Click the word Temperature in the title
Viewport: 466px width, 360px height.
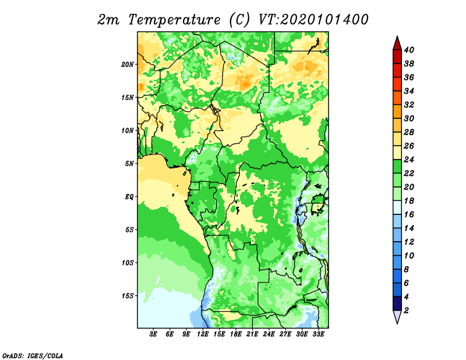(174, 20)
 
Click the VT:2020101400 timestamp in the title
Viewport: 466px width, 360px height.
(313, 20)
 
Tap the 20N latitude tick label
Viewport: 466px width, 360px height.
(128, 65)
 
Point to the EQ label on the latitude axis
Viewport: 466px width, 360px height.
(129, 197)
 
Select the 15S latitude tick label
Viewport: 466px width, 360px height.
(128, 296)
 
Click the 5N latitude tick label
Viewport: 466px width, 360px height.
(129, 164)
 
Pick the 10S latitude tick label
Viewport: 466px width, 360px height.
(128, 263)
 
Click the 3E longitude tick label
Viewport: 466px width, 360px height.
(153, 334)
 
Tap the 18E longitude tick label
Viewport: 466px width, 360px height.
(236, 334)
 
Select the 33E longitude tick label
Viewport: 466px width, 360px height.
(318, 334)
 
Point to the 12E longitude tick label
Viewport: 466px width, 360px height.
(203, 334)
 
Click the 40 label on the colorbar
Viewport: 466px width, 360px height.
(409, 50)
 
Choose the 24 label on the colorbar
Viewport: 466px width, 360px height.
(409, 160)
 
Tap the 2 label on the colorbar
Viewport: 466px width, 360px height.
(406, 310)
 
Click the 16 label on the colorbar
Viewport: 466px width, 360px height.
(409, 214)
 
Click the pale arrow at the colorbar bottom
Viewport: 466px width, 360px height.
(397, 316)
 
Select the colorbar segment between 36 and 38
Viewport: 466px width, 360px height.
(397, 70)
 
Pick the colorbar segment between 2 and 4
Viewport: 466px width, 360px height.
(397, 303)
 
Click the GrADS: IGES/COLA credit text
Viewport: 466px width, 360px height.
(33, 355)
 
